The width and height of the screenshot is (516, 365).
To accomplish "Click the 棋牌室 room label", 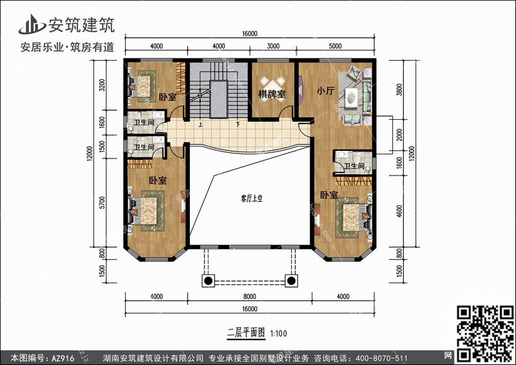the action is [272, 94].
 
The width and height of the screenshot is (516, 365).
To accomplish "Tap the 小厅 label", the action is [325, 91].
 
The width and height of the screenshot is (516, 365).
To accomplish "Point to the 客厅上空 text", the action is [252, 198].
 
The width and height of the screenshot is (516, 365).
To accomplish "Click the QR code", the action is [485, 333].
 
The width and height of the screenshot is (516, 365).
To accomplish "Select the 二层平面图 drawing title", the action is [246, 333].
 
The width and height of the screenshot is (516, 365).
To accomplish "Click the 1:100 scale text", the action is [279, 333].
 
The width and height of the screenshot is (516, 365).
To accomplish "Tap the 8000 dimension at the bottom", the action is [250, 297].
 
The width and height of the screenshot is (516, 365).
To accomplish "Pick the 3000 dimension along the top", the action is [273, 46].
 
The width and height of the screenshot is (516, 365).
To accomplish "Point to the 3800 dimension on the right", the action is [399, 90].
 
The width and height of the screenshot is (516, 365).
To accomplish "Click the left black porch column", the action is [208, 281].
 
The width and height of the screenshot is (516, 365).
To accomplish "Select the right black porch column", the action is [291, 281].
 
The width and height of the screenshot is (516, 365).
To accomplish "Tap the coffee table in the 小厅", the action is [351, 98].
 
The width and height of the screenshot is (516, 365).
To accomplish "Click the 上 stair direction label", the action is [200, 125].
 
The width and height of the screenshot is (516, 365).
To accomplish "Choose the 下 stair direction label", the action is [237, 125].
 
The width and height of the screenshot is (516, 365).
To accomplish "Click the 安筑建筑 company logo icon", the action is [32, 24].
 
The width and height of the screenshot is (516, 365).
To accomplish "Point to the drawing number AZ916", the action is [63, 358].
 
